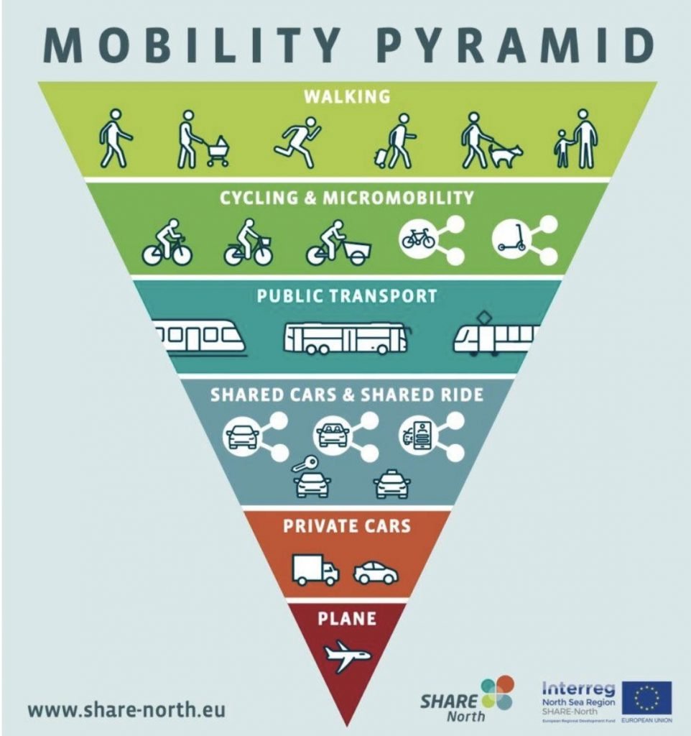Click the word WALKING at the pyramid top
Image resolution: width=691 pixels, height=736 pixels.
click(346, 96)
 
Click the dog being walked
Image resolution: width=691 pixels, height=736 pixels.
click(506, 153)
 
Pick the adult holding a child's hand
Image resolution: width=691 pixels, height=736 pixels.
click(585, 139)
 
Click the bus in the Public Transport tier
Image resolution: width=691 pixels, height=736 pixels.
click(345, 337)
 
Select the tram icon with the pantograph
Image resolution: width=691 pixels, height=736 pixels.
click(495, 336)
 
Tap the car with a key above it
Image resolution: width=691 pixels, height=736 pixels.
click(312, 482)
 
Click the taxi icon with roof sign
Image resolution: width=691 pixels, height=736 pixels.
click(392, 484)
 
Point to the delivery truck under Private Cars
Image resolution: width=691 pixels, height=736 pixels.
click(315, 570)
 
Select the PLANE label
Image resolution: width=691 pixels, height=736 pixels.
click(346, 617)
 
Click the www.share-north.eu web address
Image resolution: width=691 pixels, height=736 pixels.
click(126, 710)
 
